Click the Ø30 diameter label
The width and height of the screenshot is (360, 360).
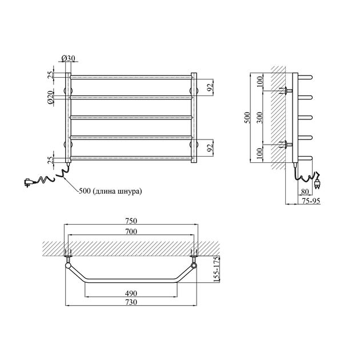[x=68, y=58]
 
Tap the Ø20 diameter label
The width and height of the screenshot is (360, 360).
[x=50, y=97]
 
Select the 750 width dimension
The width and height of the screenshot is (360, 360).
[x=131, y=221]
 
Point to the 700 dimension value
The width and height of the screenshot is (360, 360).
[x=131, y=231]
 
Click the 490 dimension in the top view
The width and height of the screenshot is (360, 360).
[x=131, y=293]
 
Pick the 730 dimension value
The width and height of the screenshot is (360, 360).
[x=131, y=302]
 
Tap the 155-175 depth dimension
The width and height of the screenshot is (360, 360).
[x=216, y=269]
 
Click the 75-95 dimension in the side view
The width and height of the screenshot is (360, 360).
[x=311, y=201]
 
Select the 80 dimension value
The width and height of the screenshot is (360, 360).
[x=305, y=191]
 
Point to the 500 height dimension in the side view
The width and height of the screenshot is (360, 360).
[x=247, y=118]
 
